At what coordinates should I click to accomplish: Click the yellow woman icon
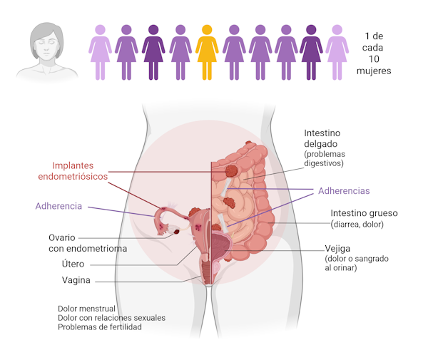tap(207, 52)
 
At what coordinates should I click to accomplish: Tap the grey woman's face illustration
tap(46, 46)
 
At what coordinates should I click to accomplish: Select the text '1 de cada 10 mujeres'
tap(374, 53)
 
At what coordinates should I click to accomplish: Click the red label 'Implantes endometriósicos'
tap(73, 171)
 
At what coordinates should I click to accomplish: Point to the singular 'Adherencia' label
tap(58, 206)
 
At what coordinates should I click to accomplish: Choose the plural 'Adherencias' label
tap(344, 190)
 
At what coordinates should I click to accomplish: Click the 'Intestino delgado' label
tap(322, 138)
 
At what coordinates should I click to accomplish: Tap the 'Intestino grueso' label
tap(364, 213)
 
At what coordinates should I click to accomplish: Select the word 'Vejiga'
tap(337, 249)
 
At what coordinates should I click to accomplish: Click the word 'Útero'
tap(73, 264)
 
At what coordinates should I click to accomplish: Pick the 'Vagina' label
tap(76, 280)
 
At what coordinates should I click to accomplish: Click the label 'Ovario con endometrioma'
tap(88, 243)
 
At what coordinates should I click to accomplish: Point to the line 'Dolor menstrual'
tap(86, 309)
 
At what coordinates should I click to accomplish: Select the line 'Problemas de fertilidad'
tap(100, 326)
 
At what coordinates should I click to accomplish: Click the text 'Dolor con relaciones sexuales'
tap(111, 318)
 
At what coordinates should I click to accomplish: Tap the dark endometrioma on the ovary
tap(177, 232)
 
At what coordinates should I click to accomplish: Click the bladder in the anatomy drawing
tap(220, 245)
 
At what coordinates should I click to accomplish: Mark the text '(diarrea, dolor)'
tap(357, 225)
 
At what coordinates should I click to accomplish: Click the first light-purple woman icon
tap(100, 52)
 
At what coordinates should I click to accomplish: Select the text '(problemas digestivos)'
tap(325, 159)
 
